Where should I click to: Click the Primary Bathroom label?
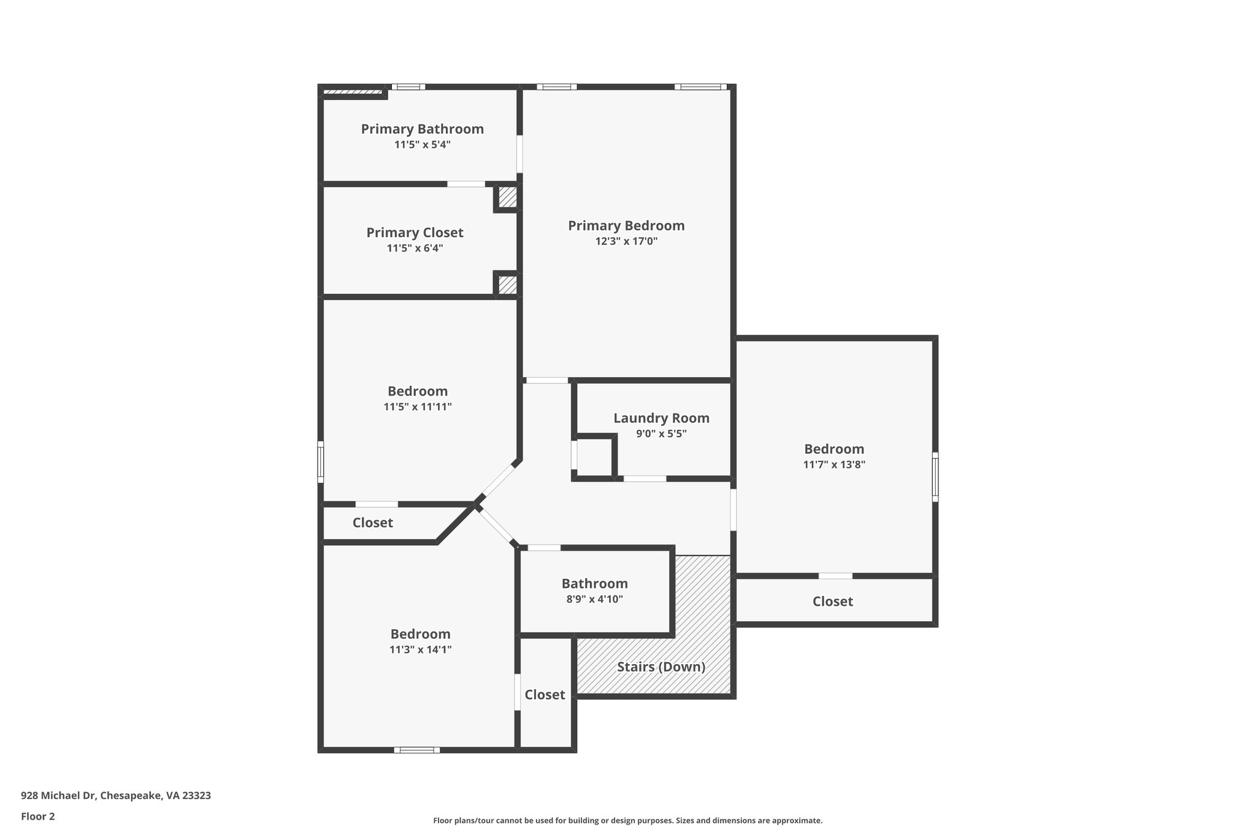pyautogui.click(x=422, y=129)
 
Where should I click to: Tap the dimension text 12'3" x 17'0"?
pyautogui.click(x=626, y=242)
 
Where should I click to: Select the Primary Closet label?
pyautogui.click(x=415, y=232)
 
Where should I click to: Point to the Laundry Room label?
pyautogui.click(x=661, y=418)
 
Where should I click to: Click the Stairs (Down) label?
pyautogui.click(x=661, y=667)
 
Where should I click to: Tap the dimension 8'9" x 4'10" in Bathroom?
pyautogui.click(x=594, y=599)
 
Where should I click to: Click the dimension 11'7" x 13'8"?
pyautogui.click(x=834, y=465)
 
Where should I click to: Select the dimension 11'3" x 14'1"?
pyautogui.click(x=420, y=650)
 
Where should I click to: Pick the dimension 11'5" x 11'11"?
pyautogui.click(x=418, y=407)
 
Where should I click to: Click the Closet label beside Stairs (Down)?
pyautogui.click(x=545, y=695)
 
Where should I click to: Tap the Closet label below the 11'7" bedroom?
pyautogui.click(x=832, y=602)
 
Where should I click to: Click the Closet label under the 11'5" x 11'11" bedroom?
pyautogui.click(x=372, y=523)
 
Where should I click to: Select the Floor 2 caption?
pyautogui.click(x=38, y=816)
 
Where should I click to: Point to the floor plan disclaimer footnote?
pyautogui.click(x=627, y=820)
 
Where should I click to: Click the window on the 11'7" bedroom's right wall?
pyautogui.click(x=935, y=477)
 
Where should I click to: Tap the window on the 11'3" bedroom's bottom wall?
pyautogui.click(x=416, y=749)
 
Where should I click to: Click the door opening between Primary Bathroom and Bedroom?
pyautogui.click(x=519, y=154)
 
